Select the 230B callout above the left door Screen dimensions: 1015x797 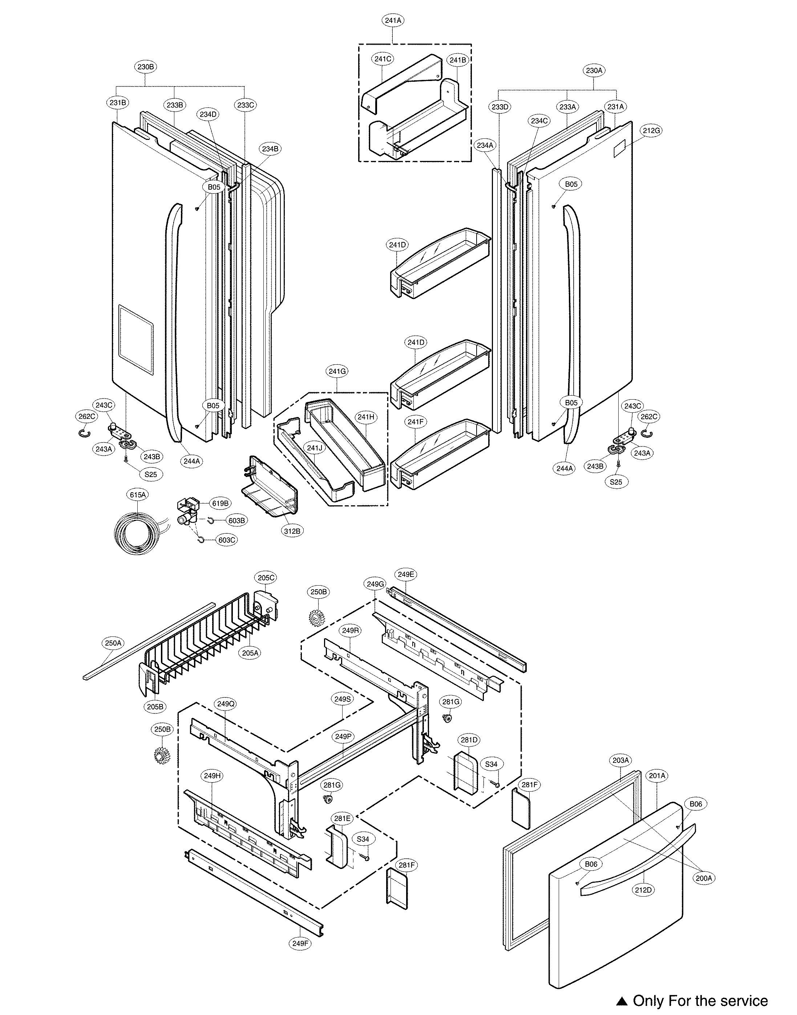point(146,67)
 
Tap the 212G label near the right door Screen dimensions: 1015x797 point(651,131)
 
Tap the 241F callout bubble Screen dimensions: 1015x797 point(415,422)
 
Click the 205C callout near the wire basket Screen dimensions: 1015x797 point(266,577)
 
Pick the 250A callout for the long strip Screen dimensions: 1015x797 point(113,643)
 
